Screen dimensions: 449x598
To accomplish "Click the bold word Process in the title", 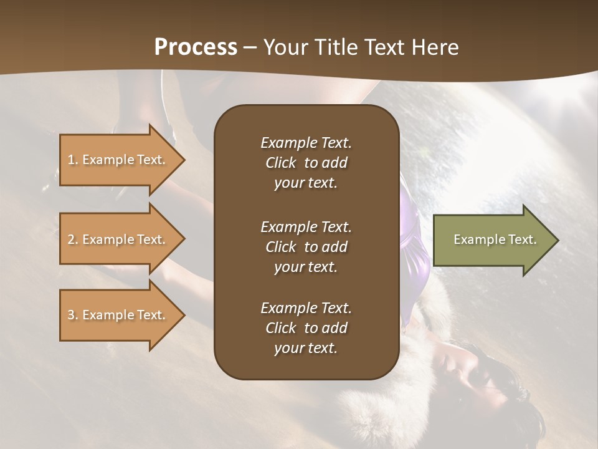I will point(196,47).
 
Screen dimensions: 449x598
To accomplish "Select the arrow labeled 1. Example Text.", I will point(118,160).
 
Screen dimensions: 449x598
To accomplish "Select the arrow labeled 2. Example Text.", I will point(118,239).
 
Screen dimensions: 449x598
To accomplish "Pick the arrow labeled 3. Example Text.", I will point(118,315).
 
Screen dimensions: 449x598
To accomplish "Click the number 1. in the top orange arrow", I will point(73,160).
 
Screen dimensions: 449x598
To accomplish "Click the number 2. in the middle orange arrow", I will point(73,239).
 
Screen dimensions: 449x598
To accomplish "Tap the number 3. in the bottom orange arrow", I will point(73,315).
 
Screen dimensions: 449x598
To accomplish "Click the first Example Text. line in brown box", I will point(306,143).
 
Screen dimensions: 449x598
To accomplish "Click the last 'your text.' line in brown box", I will point(306,348).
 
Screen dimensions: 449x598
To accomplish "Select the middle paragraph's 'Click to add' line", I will point(306,247).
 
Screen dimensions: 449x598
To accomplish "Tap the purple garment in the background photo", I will point(414,249).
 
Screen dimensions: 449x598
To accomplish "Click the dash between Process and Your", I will point(250,48).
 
